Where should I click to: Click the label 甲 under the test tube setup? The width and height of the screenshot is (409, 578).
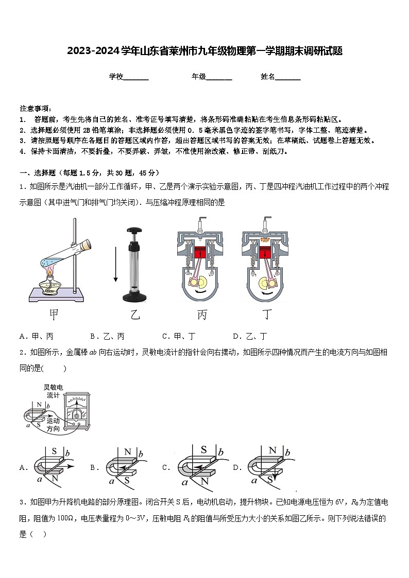pyautogui.click(x=54, y=314)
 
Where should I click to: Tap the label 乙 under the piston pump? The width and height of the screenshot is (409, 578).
pyautogui.click(x=135, y=314)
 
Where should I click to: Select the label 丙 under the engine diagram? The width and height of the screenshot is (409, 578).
pyautogui.click(x=202, y=314)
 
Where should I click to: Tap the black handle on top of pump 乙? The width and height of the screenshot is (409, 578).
pyautogui.click(x=135, y=232)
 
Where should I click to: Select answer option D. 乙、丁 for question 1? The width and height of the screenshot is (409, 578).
pyautogui.click(x=250, y=336)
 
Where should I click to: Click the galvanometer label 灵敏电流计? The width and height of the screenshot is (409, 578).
pyautogui.click(x=53, y=391)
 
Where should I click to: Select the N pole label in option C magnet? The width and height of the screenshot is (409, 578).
pyautogui.click(x=204, y=481)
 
